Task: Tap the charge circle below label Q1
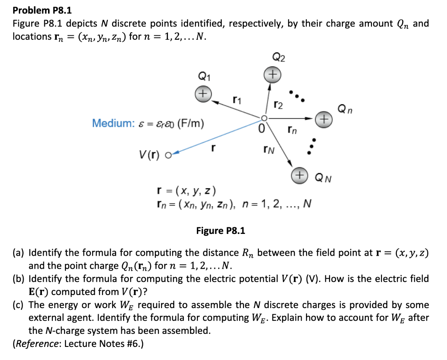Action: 203,93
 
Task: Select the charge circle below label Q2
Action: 272,74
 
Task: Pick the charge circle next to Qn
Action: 323,118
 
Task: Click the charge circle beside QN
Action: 299,174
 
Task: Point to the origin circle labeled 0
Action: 263,118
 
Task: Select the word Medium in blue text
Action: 110,123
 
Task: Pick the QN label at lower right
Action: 323,178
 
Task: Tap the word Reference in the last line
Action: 38,343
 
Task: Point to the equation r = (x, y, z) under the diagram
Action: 186,191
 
